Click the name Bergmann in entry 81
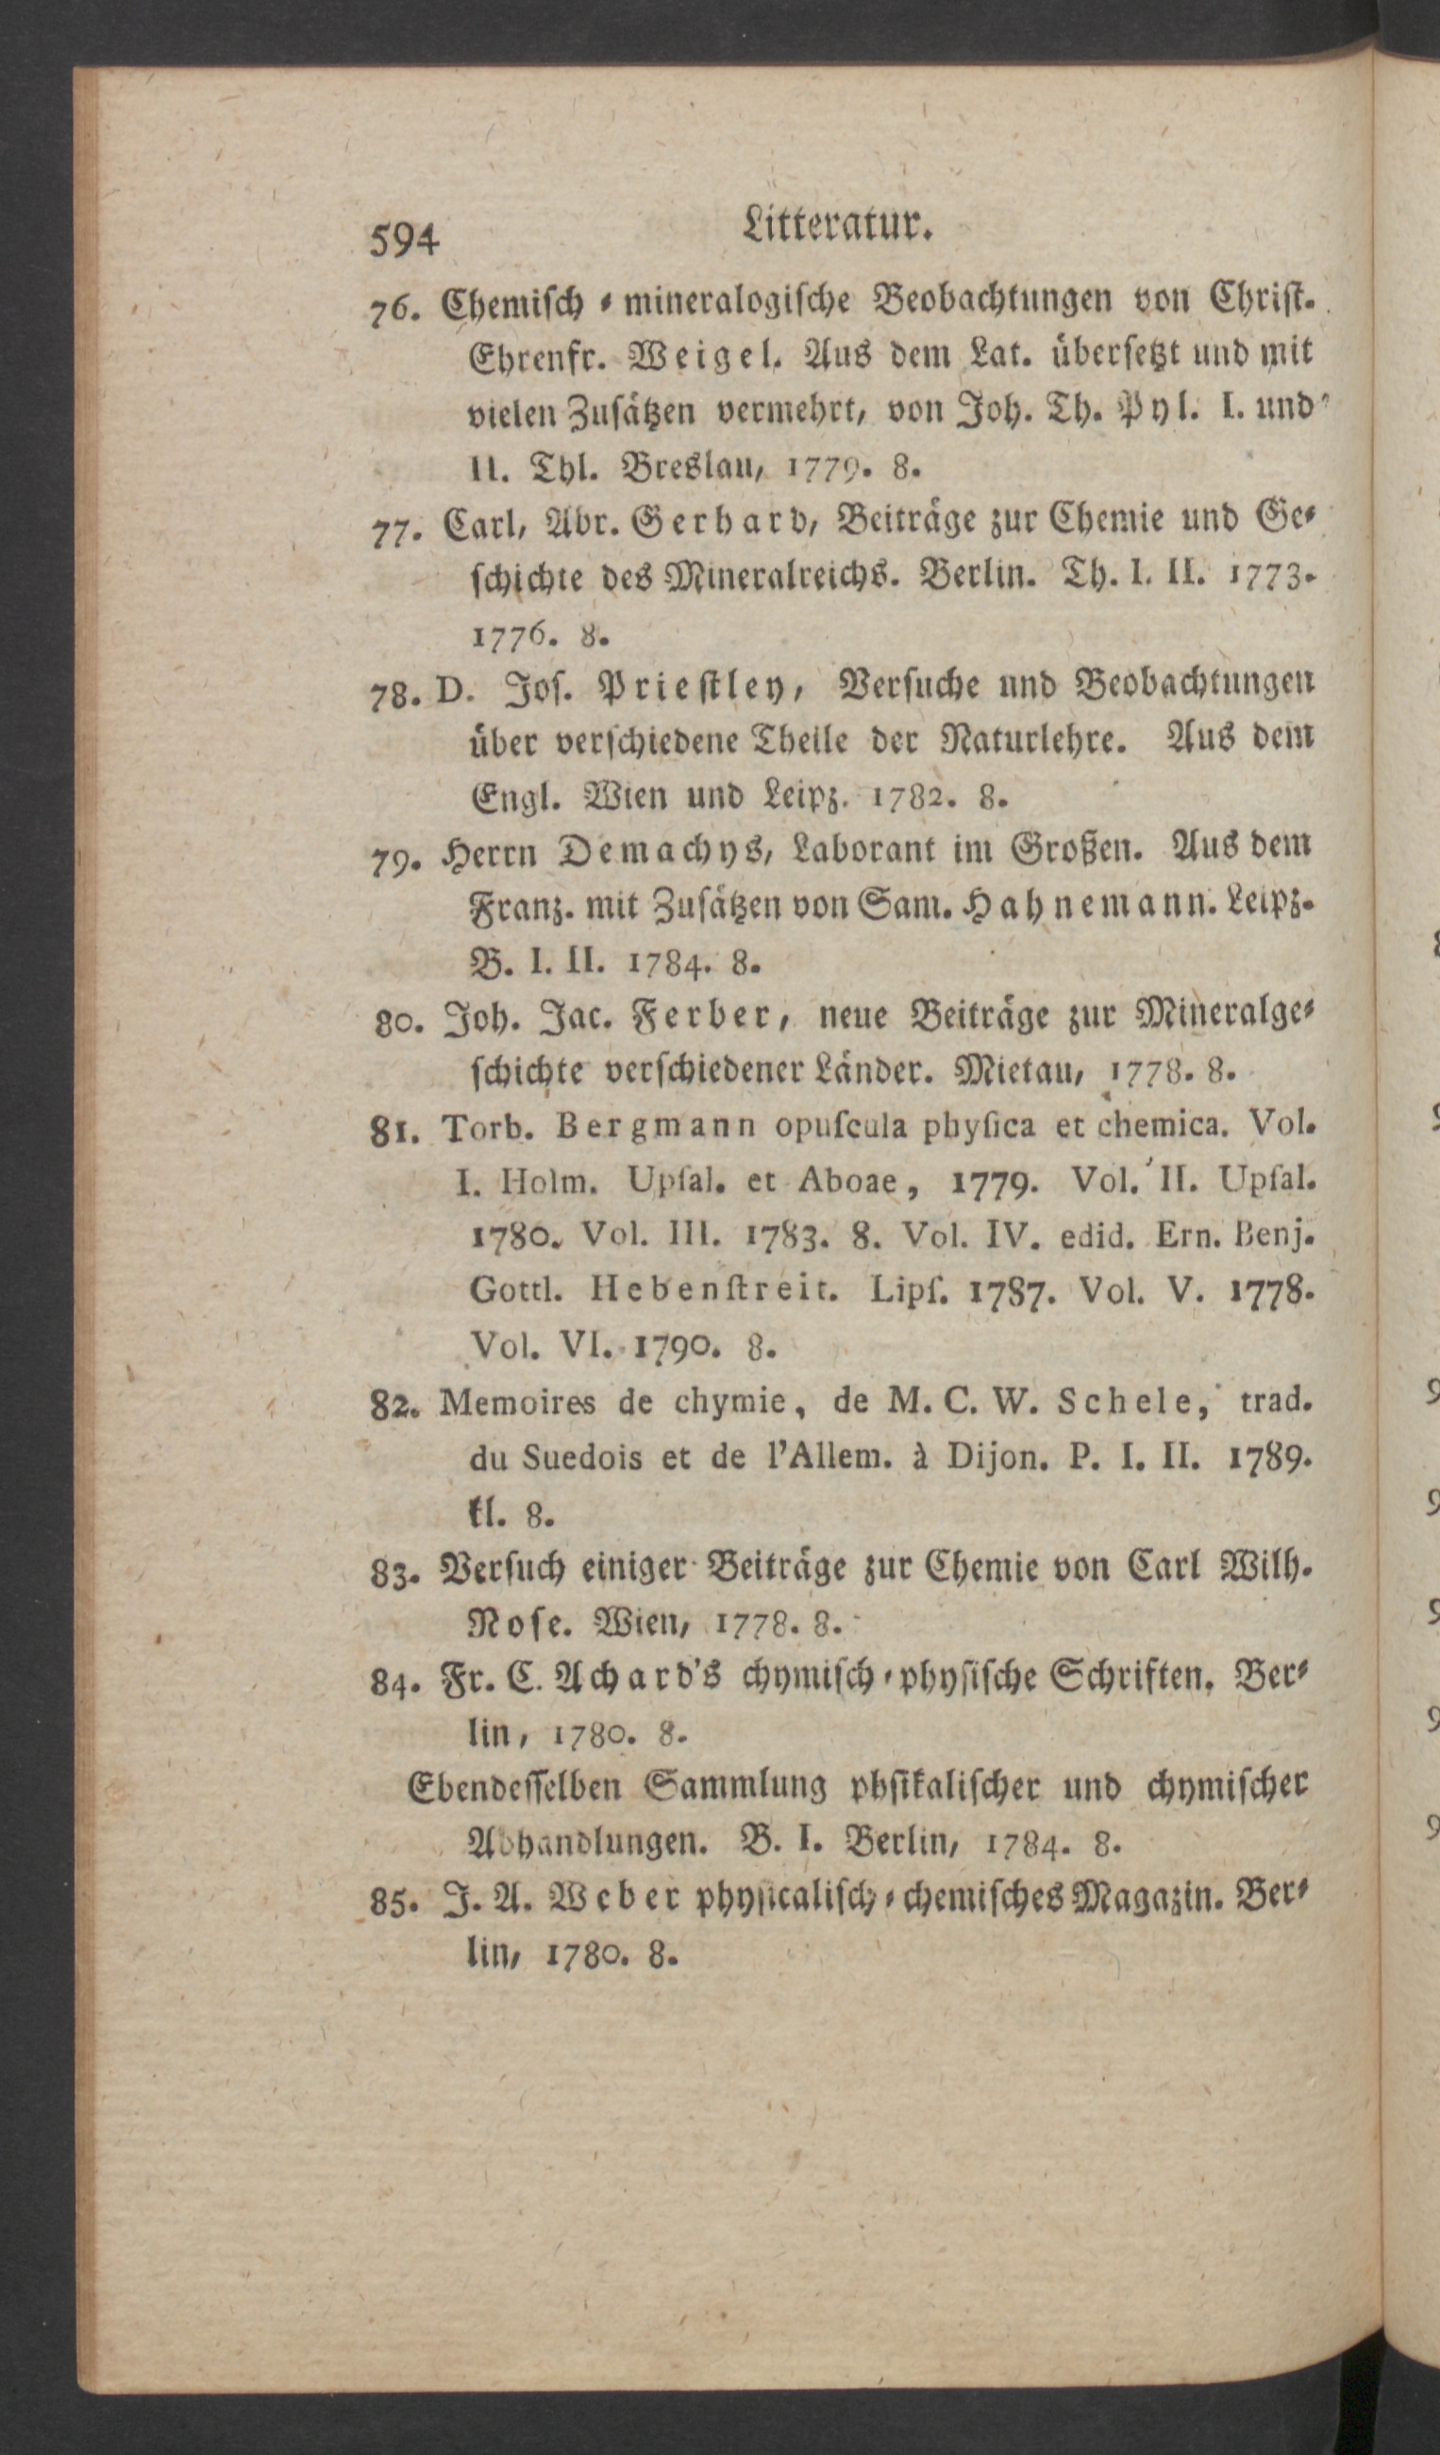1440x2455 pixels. [x=657, y=1128]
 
